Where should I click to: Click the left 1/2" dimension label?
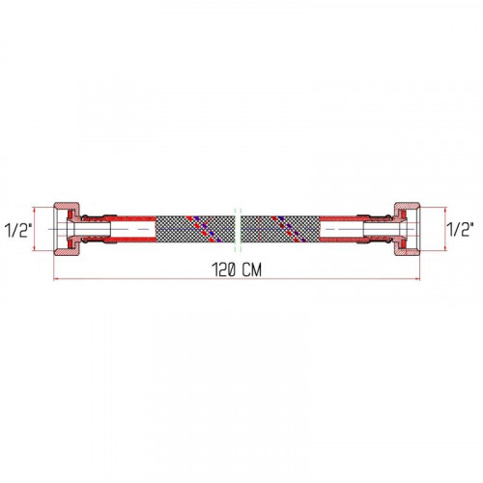tap(18, 230)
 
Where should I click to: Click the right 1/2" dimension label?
tap(460, 229)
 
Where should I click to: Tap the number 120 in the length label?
tap(224, 270)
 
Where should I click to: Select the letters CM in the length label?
tap(252, 270)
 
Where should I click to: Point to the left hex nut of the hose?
tap(67, 229)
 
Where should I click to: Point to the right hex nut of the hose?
tap(407, 229)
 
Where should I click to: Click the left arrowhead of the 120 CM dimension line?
tap(56, 279)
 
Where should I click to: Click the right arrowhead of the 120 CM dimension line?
tap(417, 279)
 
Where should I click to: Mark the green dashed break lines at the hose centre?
tap(238, 229)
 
